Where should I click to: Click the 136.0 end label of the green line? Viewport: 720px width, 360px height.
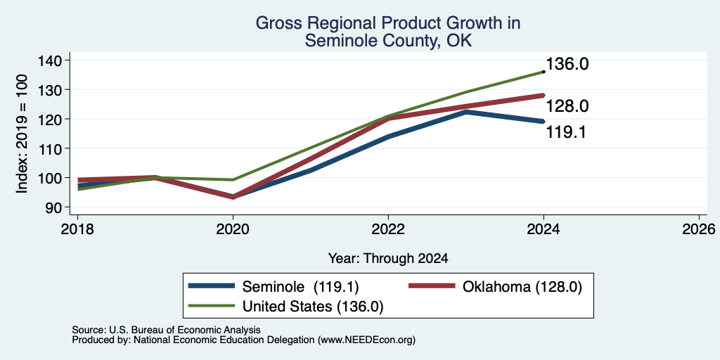click(x=567, y=64)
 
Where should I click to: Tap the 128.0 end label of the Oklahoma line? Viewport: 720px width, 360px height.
click(x=567, y=107)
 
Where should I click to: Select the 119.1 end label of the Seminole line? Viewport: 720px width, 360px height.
click(x=566, y=133)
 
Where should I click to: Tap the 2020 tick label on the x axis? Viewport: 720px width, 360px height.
click(x=233, y=229)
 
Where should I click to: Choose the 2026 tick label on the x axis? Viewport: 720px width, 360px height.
click(x=699, y=229)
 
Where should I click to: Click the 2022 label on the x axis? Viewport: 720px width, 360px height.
click(x=388, y=229)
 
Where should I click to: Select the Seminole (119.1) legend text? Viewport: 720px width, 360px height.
click(x=300, y=287)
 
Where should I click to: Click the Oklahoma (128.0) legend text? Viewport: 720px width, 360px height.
click(x=522, y=287)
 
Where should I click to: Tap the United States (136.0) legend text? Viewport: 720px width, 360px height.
click(x=313, y=307)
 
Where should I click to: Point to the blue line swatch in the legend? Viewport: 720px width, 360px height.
click(x=212, y=286)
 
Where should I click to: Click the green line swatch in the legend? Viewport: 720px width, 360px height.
click(x=212, y=306)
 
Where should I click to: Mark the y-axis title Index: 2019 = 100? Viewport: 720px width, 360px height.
click(x=22, y=134)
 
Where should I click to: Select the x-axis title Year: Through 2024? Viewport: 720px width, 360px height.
click(x=388, y=259)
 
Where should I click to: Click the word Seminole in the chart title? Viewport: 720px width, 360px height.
click(x=335, y=41)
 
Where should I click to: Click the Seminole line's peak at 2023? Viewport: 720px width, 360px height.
click(x=466, y=112)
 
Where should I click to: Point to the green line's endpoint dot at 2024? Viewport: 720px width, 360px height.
click(x=544, y=72)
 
